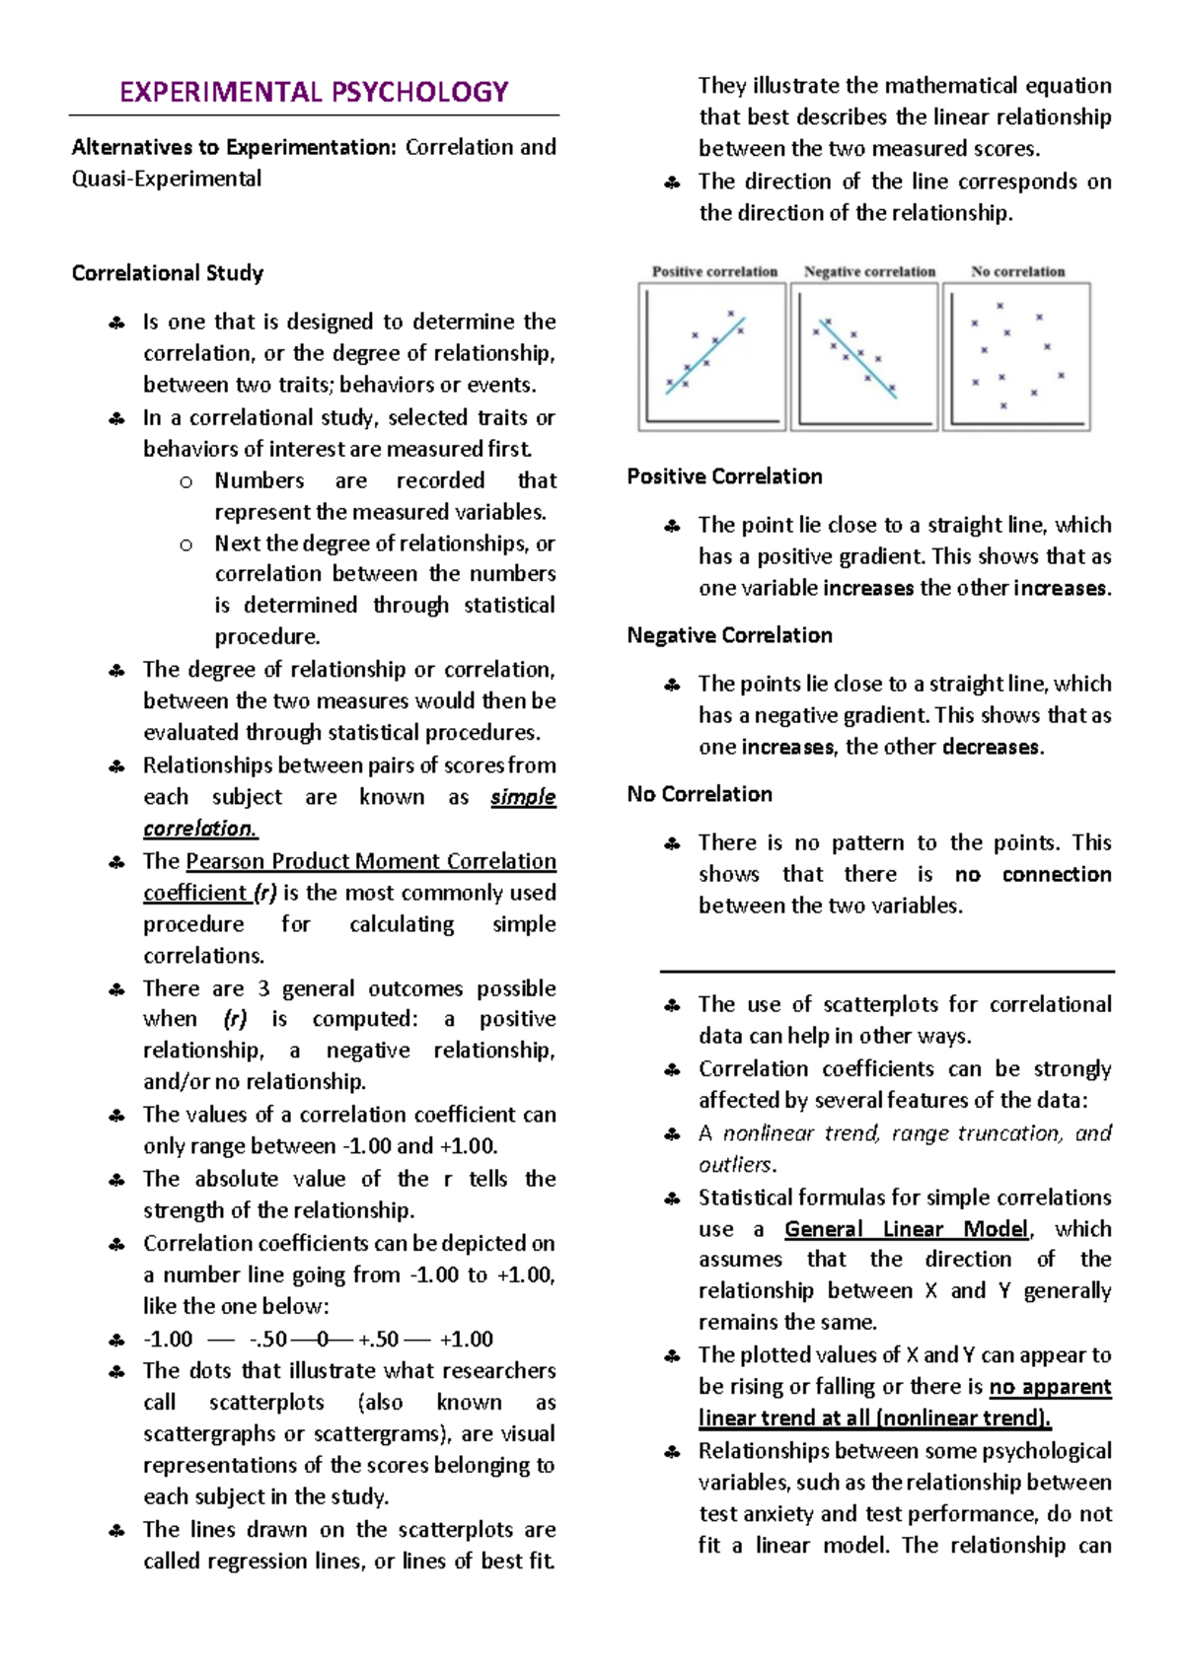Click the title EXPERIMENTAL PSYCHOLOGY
click(314, 93)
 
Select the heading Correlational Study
click(167, 273)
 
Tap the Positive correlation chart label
click(714, 271)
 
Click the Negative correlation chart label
click(869, 271)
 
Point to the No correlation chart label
click(1017, 271)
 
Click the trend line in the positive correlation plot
click(705, 356)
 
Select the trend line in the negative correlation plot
click(857, 358)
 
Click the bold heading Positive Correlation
click(724, 476)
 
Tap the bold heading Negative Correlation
click(729, 635)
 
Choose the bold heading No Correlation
click(700, 794)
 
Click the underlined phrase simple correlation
click(523, 797)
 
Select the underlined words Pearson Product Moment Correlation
click(371, 861)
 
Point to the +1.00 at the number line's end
click(466, 1340)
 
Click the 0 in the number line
click(323, 1340)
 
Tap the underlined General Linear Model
click(907, 1229)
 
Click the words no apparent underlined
click(1050, 1387)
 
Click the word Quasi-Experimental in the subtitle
click(167, 180)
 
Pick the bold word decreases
click(991, 748)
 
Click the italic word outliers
click(735, 1165)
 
